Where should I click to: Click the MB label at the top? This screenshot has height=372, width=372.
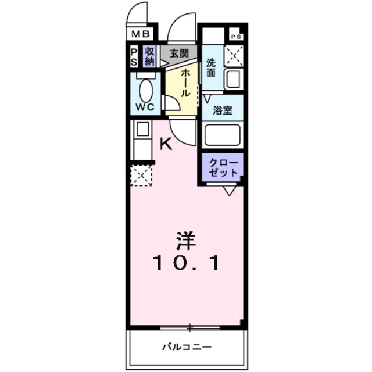[141, 34]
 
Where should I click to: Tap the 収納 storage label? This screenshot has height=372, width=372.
[150, 56]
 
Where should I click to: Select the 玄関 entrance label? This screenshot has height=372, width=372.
[178, 53]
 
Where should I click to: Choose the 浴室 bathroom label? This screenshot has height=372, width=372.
[222, 110]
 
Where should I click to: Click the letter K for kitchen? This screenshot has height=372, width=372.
[166, 144]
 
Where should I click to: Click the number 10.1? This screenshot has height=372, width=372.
[187, 263]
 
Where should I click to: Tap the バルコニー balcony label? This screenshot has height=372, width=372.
[187, 347]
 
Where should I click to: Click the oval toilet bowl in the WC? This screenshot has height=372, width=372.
[146, 91]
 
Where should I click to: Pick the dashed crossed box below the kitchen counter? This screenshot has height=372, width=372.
[141, 175]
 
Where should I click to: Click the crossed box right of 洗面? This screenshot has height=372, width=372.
[234, 56]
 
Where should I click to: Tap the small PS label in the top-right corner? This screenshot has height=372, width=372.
[236, 36]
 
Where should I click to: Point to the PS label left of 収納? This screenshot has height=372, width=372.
[134, 56]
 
